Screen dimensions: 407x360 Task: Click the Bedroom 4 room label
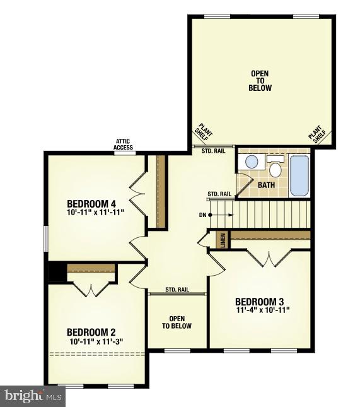point(91,204)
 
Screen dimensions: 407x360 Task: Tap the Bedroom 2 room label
point(91,333)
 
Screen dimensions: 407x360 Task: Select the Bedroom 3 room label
point(260,301)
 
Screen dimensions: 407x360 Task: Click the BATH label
point(267,185)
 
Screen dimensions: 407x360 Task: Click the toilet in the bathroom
point(274,168)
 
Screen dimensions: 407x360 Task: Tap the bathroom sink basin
point(252,162)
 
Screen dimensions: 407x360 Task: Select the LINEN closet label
point(222,240)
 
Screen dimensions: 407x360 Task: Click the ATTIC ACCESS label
point(124,145)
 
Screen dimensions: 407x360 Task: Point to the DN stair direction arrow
point(210,215)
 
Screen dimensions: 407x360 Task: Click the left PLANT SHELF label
point(204,134)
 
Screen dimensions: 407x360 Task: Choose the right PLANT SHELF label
point(317,134)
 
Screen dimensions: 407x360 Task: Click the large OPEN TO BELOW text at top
point(260,81)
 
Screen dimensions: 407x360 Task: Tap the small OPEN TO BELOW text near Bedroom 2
point(177,322)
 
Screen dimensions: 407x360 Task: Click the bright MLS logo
point(33,396)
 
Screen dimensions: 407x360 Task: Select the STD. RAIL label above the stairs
point(219,194)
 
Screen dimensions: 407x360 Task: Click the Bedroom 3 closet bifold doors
point(269,257)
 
